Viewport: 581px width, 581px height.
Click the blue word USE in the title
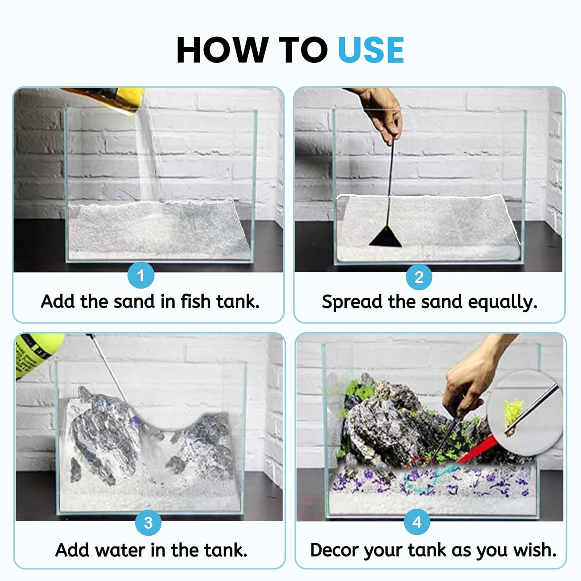pyautogui.click(x=371, y=50)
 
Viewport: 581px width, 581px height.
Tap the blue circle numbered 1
pyautogui.click(x=141, y=275)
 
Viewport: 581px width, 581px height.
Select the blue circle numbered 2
pyautogui.click(x=419, y=277)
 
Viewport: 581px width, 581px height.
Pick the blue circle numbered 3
pyautogui.click(x=148, y=523)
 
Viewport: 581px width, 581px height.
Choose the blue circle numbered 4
pyautogui.click(x=417, y=522)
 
